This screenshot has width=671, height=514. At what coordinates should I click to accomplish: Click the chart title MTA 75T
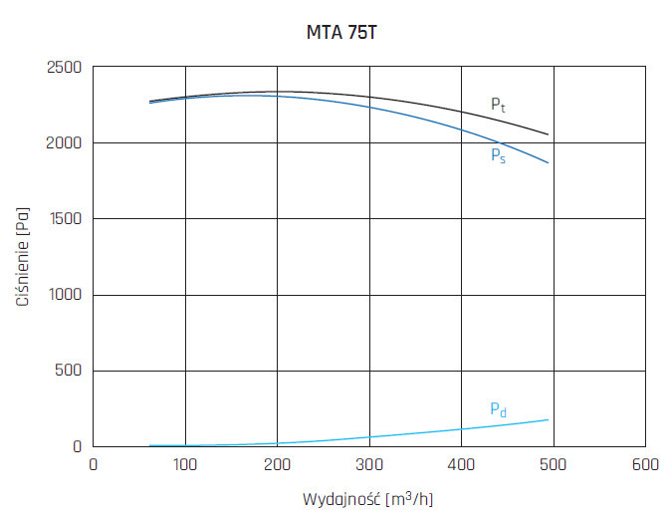[x=341, y=32]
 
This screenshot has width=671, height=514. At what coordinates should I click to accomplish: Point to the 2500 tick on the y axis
[x=65, y=68]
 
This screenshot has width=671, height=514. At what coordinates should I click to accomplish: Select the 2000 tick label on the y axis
[x=65, y=143]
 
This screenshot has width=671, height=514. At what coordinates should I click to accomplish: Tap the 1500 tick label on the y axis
[x=65, y=219]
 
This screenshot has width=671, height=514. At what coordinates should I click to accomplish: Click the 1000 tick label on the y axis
[x=65, y=295]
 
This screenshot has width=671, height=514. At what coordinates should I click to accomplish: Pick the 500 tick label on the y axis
[x=69, y=371]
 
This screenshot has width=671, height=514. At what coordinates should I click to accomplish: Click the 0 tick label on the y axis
[x=78, y=446]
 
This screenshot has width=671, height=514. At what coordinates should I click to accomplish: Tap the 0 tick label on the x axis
[x=93, y=463]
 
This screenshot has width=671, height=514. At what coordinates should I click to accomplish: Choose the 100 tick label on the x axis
[x=184, y=463]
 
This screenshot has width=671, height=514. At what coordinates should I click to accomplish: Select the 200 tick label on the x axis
[x=277, y=463]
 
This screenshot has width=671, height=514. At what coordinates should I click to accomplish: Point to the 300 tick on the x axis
[x=368, y=463]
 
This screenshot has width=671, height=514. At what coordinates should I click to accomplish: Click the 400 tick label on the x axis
[x=461, y=463]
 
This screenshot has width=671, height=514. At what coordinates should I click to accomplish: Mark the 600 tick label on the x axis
[x=645, y=463]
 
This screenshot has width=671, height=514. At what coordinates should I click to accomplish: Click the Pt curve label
[x=498, y=105]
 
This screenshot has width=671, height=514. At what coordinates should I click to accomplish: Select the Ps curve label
[x=498, y=155]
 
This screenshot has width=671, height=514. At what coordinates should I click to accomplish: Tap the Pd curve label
[x=498, y=409]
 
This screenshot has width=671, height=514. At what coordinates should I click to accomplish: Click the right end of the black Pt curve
[x=548, y=134]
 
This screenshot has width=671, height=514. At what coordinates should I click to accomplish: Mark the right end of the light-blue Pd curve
[x=548, y=419]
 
